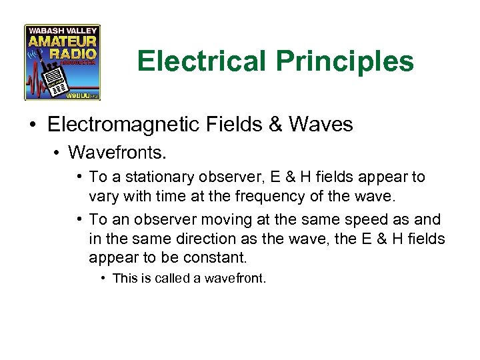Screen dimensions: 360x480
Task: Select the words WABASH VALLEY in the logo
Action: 62,30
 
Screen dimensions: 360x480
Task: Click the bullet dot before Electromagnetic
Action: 33,125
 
